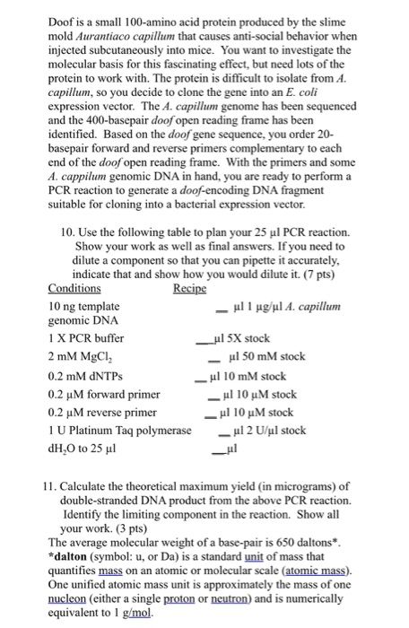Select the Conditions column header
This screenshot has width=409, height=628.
click(x=74, y=289)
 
